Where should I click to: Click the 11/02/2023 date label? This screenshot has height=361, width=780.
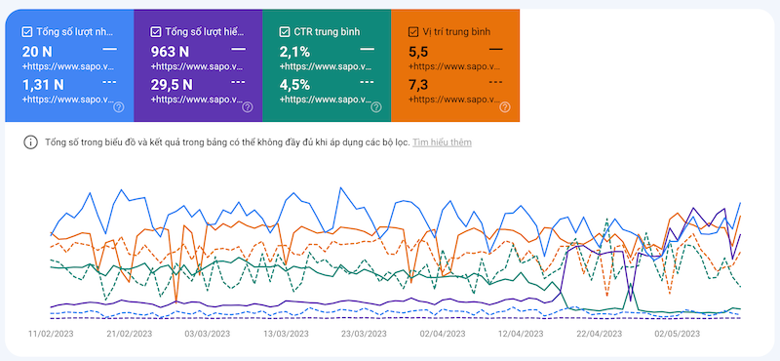51,334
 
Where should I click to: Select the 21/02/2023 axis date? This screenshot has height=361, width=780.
129,334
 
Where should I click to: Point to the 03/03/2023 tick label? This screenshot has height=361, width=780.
208,334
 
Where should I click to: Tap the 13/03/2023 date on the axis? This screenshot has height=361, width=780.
286,334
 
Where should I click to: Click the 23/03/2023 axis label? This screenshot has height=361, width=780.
365,334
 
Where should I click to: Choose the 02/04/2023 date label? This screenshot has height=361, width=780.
443,334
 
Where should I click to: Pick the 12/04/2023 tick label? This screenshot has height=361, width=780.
522,334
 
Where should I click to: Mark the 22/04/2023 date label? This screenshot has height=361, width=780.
600,334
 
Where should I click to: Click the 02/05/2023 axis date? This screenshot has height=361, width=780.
678,334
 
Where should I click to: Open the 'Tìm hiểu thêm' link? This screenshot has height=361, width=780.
443,142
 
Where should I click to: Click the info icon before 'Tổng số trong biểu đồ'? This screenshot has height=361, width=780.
30,142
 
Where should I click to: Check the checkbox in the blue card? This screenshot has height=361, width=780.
27,30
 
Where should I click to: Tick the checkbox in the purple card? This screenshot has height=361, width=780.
156,30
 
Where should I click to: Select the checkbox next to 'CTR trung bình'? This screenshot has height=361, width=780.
285,30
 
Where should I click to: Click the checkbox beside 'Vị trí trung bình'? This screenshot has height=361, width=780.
414,30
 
